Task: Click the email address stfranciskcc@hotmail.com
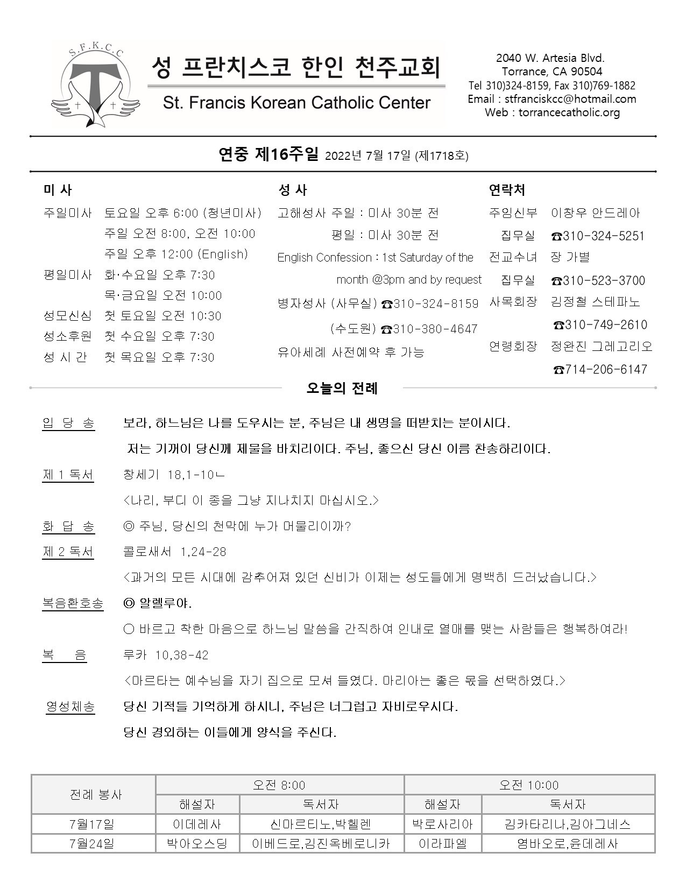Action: (552, 99)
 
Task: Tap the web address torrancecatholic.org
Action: (552, 112)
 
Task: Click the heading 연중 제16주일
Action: (268, 155)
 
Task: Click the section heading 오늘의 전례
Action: (342, 388)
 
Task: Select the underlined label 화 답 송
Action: (68, 526)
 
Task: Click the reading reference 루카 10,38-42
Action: (166, 655)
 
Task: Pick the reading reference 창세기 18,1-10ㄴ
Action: (174, 475)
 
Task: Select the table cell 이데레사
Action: (197, 824)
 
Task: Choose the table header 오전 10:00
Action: (528, 785)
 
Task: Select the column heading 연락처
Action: (507, 190)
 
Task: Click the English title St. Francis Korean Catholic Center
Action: (296, 103)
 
